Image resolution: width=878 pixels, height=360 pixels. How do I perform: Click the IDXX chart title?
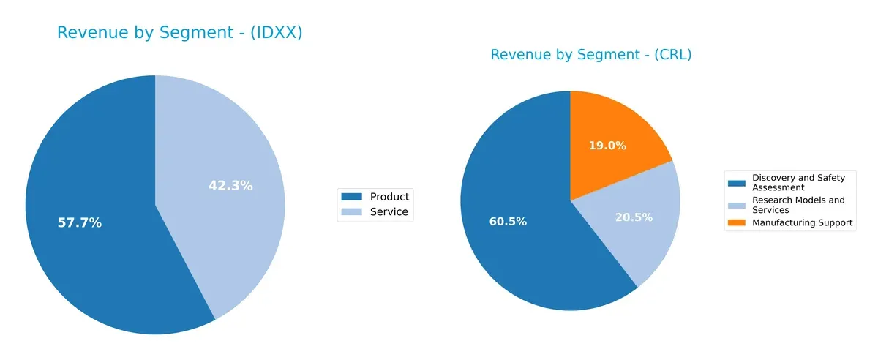180,33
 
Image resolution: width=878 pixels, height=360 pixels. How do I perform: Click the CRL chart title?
590,55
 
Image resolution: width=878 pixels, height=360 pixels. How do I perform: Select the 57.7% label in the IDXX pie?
79,222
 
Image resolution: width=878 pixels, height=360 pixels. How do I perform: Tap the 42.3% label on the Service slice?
230,186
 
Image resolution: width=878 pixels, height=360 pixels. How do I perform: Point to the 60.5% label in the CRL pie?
508,222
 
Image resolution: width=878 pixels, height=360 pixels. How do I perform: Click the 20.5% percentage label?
634,217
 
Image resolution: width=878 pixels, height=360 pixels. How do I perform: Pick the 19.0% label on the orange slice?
607,146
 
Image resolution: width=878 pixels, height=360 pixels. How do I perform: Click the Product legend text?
389,197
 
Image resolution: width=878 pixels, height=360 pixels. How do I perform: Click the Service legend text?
389,212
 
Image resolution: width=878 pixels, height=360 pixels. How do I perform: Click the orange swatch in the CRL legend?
737,222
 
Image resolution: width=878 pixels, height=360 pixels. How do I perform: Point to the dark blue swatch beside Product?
352,197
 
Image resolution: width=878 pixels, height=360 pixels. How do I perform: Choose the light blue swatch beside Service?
352,212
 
